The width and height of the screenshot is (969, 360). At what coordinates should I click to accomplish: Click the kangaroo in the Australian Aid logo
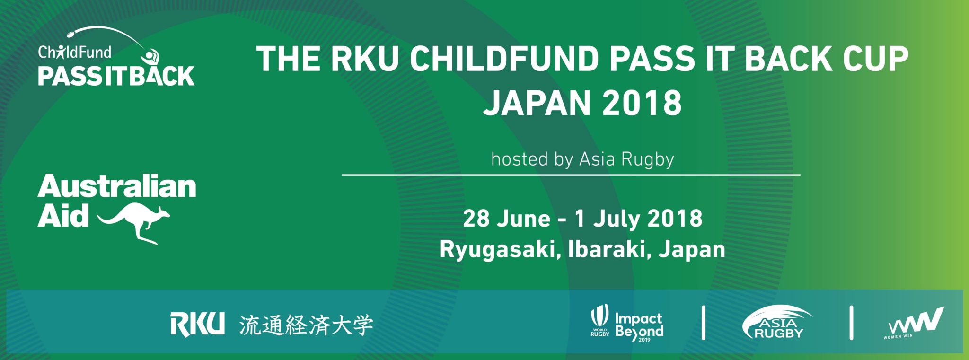coord(137,222)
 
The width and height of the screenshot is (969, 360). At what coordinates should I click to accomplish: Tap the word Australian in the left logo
coord(117,187)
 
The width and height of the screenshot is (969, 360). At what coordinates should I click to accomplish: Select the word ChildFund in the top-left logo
coord(75,52)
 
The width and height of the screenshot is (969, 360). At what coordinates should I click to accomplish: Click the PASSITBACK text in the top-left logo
coord(116,76)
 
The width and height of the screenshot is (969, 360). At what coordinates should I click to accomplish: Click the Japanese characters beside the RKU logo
coord(306,325)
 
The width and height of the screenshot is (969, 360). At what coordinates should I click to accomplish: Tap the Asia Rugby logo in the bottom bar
coord(777,323)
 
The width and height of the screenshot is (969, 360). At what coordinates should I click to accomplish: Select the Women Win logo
coord(914,324)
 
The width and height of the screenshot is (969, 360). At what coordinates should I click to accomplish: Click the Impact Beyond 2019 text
coord(639,326)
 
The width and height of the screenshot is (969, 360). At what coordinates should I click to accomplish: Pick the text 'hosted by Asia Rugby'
coord(583,159)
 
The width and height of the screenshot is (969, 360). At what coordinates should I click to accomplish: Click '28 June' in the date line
coord(507,219)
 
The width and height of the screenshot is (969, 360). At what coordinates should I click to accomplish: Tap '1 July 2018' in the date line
coord(639,219)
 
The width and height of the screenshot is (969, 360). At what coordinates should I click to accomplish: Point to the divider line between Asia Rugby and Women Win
coord(852,323)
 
